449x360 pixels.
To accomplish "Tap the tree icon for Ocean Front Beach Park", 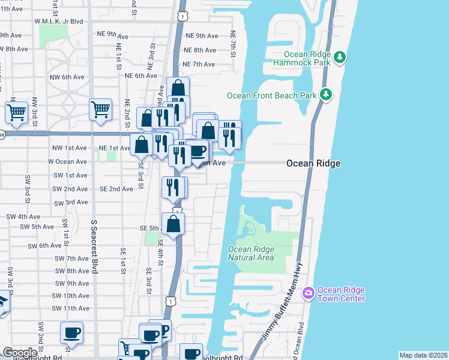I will point(326,94).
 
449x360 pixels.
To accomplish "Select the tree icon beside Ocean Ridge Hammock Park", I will point(340,57).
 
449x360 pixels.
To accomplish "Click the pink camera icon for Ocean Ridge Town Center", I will point(309,293).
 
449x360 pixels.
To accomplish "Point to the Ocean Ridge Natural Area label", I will point(251,253).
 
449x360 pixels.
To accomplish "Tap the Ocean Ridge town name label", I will point(313,163).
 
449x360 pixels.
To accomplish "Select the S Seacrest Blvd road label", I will point(94,247).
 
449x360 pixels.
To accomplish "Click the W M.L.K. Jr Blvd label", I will point(58,21).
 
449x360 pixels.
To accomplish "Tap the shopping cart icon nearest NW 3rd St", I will point(16,112).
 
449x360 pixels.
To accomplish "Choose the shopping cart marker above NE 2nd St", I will point(100,109).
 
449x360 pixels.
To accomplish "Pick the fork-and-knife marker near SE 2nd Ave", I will point(171,187).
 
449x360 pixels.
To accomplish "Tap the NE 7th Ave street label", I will point(199,64).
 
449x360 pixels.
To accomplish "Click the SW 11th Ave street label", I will point(70,308).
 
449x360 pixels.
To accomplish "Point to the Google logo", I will point(20,353).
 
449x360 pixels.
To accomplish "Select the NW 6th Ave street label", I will point(67,77).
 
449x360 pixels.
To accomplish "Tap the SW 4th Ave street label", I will point(23,216).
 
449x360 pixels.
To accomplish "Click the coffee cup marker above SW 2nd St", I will point(72,332).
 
